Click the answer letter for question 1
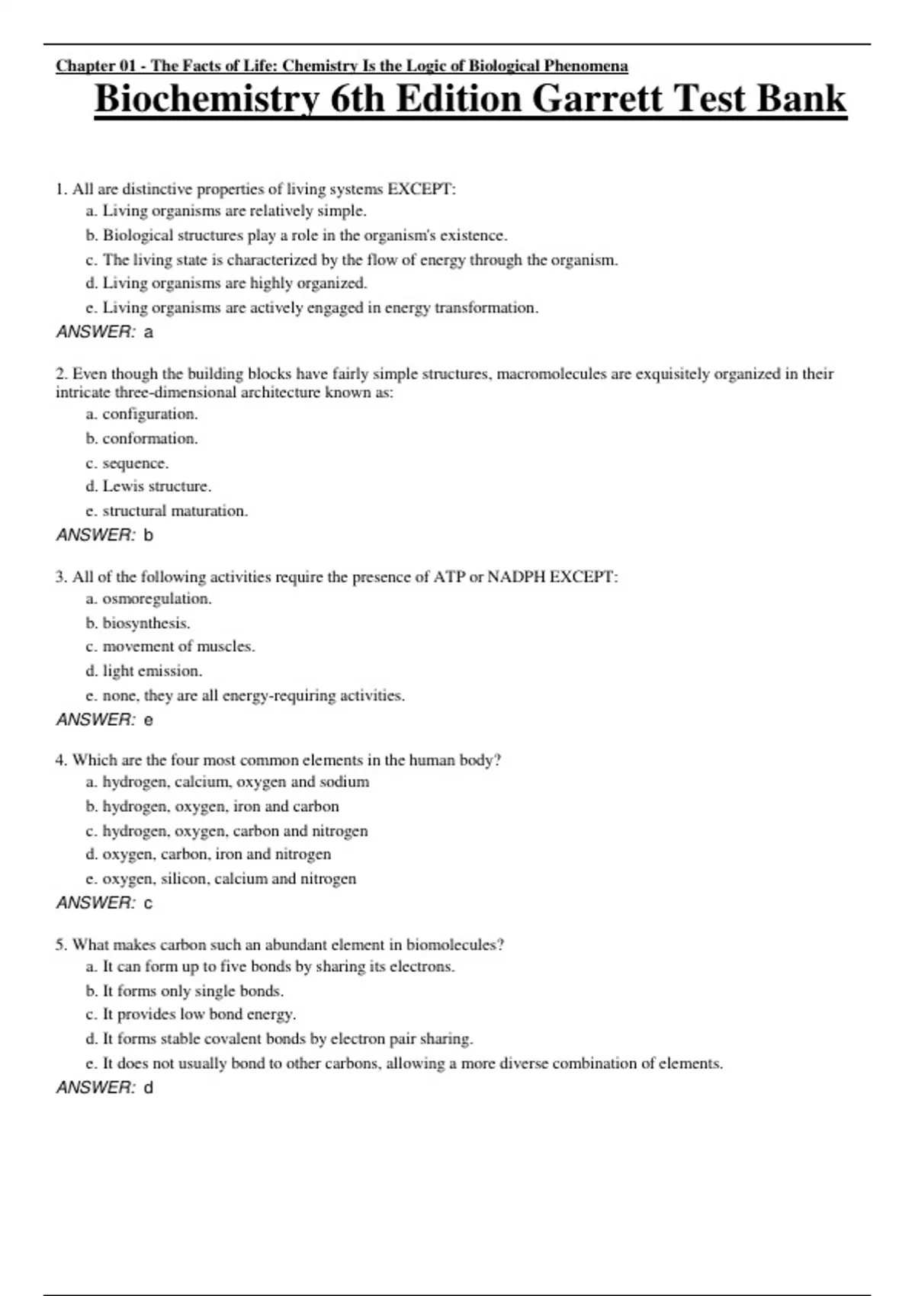149,332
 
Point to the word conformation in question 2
149,439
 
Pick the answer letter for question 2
149,535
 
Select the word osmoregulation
156,599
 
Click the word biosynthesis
146,624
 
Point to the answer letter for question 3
149,720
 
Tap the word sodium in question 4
344,782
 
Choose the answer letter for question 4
149,903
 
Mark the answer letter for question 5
149,1088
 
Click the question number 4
60,761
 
